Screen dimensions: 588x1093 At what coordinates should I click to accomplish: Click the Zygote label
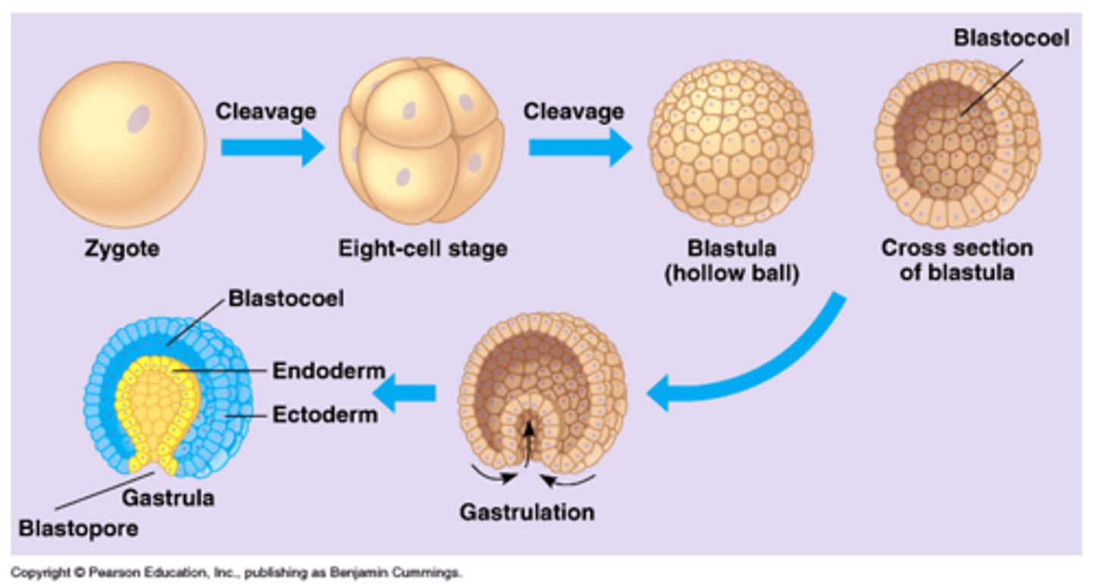121,248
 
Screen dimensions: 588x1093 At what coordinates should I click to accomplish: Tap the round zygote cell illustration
122,144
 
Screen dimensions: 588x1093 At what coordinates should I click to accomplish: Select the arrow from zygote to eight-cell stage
272,147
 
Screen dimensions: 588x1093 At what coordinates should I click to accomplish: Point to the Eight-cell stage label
423,248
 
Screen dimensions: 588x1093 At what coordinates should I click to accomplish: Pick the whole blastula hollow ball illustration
730,143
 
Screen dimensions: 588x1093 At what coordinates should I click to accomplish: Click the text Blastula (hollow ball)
732,261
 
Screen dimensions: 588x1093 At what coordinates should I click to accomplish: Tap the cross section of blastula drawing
957,144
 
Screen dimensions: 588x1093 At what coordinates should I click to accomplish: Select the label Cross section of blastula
956,260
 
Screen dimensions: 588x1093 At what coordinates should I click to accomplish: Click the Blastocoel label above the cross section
1011,38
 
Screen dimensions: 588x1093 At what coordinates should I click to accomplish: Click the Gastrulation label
526,511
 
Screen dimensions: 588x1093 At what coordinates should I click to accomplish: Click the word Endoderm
329,371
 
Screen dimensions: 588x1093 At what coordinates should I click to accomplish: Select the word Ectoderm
325,416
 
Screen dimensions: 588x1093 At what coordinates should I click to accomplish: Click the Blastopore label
78,528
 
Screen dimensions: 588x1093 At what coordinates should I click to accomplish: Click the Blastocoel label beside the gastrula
285,299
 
